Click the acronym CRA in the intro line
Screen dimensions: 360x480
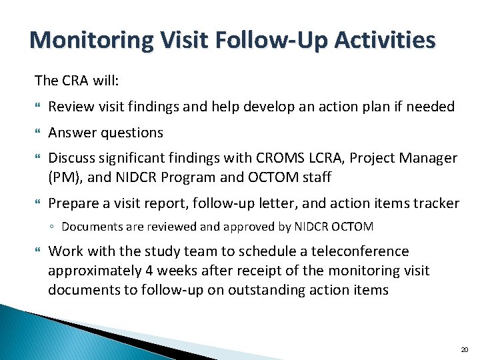(x=73, y=81)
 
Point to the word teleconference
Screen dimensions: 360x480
(x=353, y=251)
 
